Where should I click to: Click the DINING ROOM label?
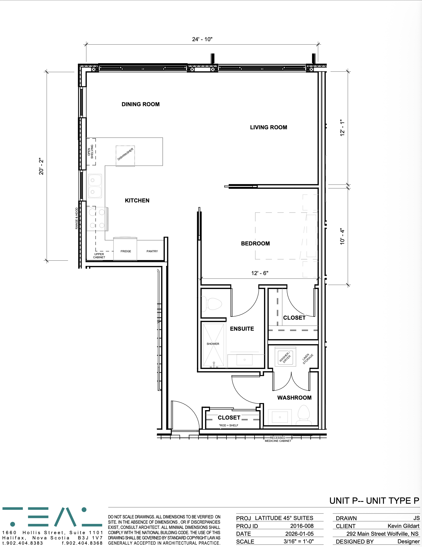click(140, 104)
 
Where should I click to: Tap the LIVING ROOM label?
click(268, 127)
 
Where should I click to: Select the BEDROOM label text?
click(255, 244)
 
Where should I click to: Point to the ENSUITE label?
click(242, 329)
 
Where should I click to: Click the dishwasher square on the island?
click(125, 156)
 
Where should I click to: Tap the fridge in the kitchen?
click(125, 249)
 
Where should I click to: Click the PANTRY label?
click(152, 251)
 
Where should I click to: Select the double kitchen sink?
click(94, 186)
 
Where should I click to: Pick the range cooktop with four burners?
click(97, 219)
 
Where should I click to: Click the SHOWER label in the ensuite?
click(213, 344)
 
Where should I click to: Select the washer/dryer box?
click(285, 357)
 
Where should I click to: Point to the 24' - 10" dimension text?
click(202, 39)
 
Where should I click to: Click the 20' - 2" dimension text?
click(41, 166)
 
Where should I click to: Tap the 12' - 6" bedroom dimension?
click(260, 273)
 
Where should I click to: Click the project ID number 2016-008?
click(302, 526)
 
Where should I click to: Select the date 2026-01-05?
click(299, 534)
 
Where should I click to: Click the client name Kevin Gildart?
click(403, 526)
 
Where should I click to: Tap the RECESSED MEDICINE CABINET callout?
click(278, 439)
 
